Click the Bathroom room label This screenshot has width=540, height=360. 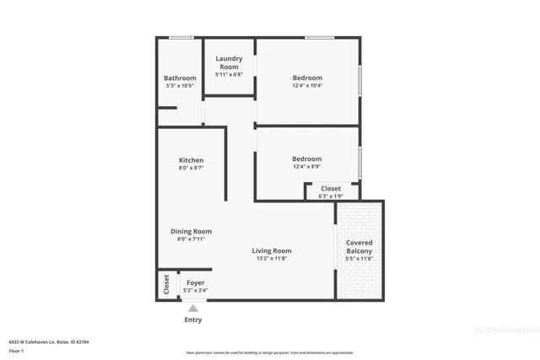click(180, 78)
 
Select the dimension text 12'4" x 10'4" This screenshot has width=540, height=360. click(307, 85)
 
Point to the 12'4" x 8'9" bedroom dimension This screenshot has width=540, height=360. click(307, 167)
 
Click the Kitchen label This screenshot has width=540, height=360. click(191, 160)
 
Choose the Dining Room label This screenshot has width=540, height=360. click(191, 231)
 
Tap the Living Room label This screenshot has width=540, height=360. click(272, 250)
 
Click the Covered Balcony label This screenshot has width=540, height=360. click(359, 247)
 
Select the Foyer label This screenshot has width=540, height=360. click(196, 282)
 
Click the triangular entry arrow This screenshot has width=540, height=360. click(193, 309)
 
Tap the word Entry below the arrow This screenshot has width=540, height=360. click(193, 320)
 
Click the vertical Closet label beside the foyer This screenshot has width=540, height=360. click(166, 284)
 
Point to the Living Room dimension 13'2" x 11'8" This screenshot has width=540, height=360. click(272, 259)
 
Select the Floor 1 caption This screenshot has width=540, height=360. click(17, 350)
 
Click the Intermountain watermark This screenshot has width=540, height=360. click(503, 330)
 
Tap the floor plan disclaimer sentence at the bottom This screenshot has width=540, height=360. click(270, 352)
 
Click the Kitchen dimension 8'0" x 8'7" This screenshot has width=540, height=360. click(191, 168)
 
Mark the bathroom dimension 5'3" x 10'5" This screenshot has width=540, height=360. click(180, 86)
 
